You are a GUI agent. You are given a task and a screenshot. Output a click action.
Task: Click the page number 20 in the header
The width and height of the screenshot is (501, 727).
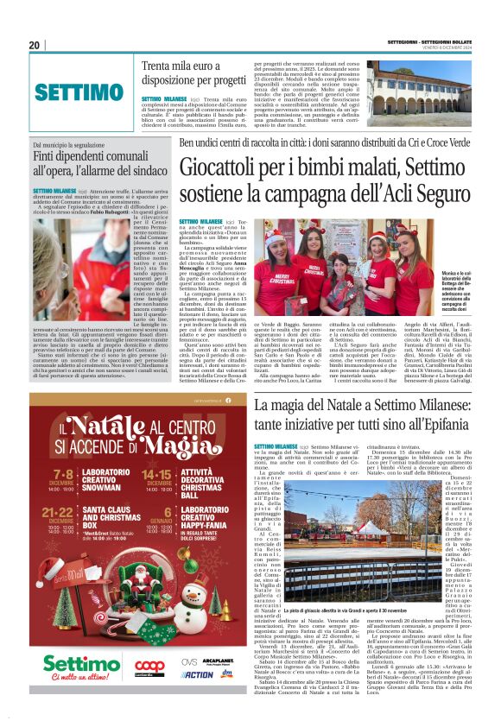click(35, 45)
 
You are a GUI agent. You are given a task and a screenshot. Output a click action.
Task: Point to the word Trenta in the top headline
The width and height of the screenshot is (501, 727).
click(160, 66)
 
